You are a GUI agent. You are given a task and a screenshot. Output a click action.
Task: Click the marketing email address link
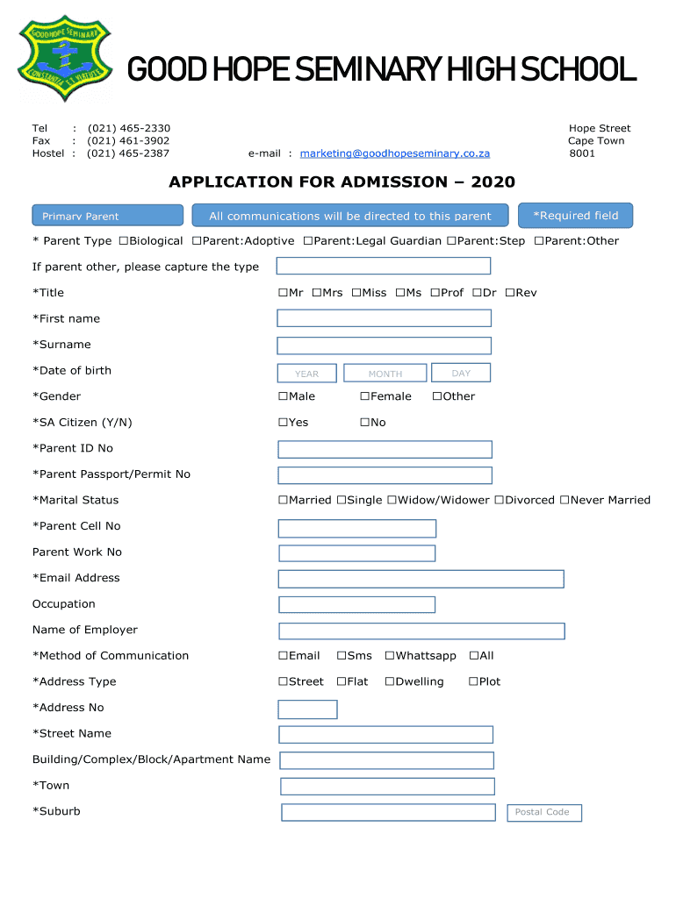pyautogui.click(x=394, y=153)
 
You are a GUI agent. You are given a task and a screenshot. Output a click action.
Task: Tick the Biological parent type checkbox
pyautogui.click(x=124, y=241)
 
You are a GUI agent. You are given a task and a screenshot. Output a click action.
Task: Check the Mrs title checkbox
pyautogui.click(x=316, y=293)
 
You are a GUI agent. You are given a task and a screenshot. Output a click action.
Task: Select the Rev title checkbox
pyautogui.click(x=509, y=293)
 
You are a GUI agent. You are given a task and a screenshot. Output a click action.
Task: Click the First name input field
pyautogui.click(x=384, y=319)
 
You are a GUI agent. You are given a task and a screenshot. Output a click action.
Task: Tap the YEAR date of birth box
pyautogui.click(x=306, y=374)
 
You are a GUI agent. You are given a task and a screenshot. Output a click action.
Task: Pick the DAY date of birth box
pyautogui.click(x=461, y=373)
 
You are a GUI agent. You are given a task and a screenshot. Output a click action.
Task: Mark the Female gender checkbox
pyautogui.click(x=364, y=396)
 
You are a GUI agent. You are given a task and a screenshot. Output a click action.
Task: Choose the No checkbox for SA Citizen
pyautogui.click(x=364, y=423)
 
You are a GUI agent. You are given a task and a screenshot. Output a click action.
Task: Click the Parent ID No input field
pyautogui.click(x=385, y=449)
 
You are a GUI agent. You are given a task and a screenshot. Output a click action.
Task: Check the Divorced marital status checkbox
pyautogui.click(x=499, y=501)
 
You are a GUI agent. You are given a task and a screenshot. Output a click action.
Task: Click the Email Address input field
pyautogui.click(x=421, y=579)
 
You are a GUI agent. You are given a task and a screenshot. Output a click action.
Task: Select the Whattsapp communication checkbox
pyautogui.click(x=390, y=656)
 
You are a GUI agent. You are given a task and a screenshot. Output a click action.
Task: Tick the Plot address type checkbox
pyautogui.click(x=473, y=682)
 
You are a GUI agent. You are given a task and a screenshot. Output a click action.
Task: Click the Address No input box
pyautogui.click(x=307, y=709)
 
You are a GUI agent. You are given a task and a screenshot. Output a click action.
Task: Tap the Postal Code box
pyautogui.click(x=543, y=813)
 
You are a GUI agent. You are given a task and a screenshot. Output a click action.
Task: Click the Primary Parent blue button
pyautogui.click(x=107, y=216)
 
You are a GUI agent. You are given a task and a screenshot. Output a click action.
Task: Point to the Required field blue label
pyautogui.click(x=575, y=216)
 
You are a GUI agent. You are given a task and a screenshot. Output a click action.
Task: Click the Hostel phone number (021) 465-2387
pyautogui.click(x=128, y=153)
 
